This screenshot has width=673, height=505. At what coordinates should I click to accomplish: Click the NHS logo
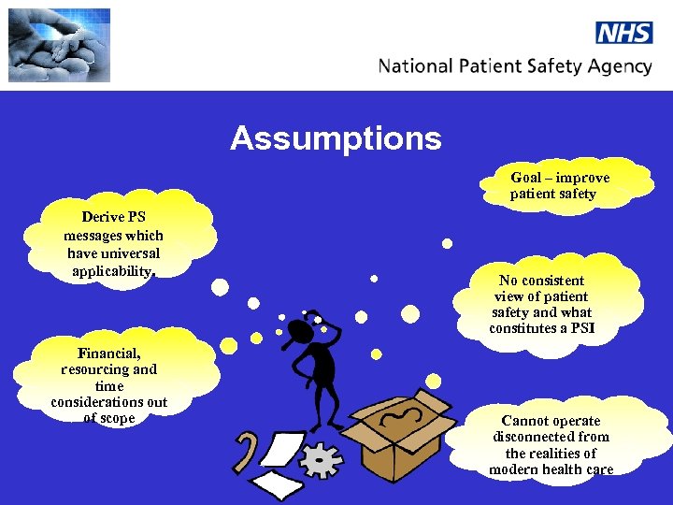point(623,32)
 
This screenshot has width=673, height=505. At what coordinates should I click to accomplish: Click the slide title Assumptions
point(336,138)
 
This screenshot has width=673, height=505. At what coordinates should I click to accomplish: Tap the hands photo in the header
point(59,45)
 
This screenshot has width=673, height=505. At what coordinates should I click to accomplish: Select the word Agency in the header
point(617,66)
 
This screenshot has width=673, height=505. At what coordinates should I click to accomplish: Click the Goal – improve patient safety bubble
point(559,185)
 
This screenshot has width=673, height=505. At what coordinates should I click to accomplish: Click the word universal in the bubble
point(129,253)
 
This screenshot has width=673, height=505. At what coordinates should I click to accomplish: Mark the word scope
point(118,418)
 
